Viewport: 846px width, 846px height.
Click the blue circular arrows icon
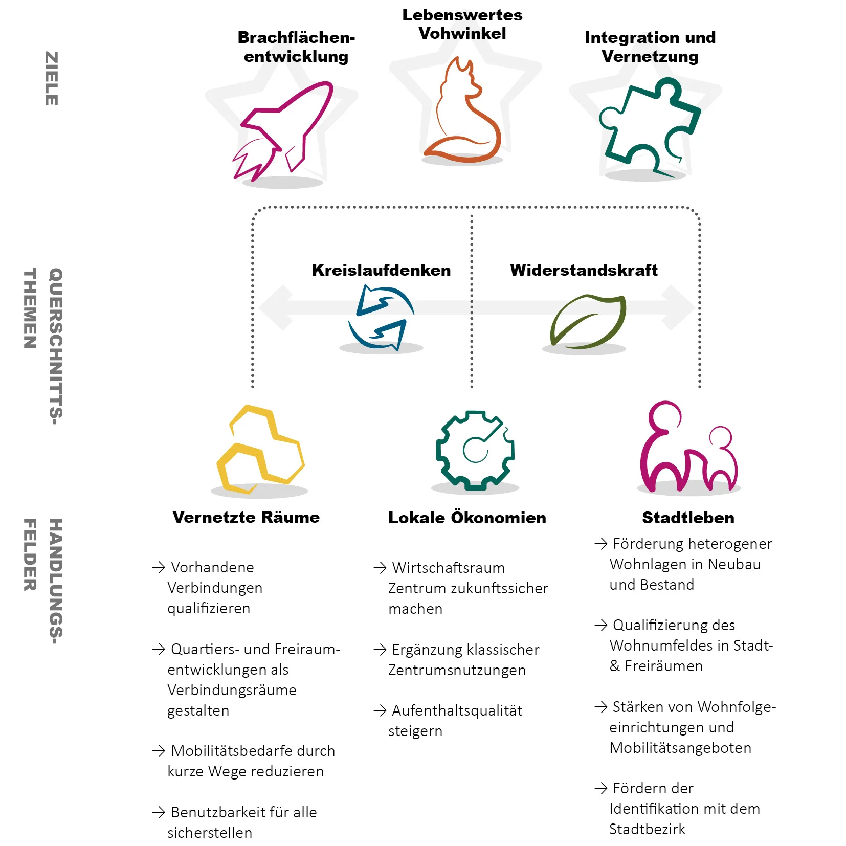(x=381, y=318)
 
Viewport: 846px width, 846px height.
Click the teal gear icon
(x=475, y=450)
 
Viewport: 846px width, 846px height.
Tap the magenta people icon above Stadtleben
(x=688, y=448)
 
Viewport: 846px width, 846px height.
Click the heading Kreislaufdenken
(x=381, y=270)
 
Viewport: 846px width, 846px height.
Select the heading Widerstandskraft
(x=584, y=270)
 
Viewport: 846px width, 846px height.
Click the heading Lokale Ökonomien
(x=467, y=518)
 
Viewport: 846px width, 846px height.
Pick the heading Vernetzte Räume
(x=246, y=517)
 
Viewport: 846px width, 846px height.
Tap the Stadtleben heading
(x=688, y=518)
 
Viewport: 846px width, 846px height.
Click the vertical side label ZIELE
(x=52, y=78)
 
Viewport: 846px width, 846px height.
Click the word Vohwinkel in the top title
(x=462, y=34)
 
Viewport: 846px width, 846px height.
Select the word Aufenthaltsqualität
(x=457, y=710)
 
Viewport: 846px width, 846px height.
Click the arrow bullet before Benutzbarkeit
(x=159, y=812)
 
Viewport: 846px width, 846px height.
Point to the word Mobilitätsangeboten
(x=680, y=748)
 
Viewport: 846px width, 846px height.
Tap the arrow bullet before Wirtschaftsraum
(x=380, y=568)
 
